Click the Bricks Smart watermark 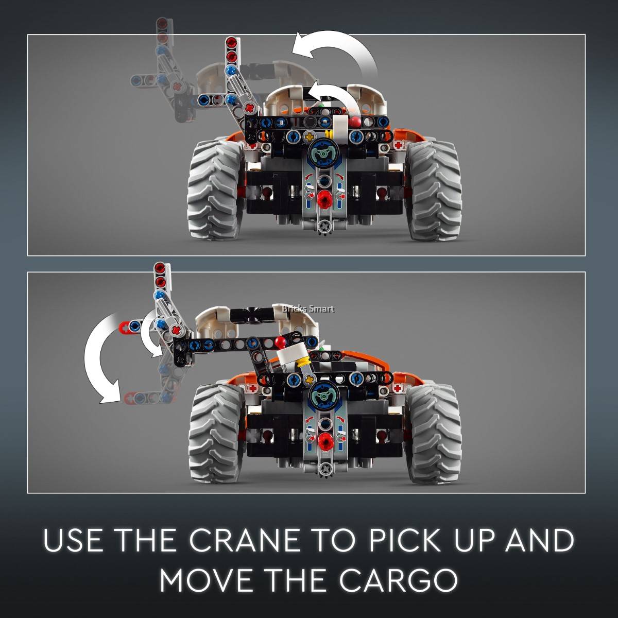pyautogui.click(x=308, y=309)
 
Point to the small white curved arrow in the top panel pyautogui.click(x=335, y=96)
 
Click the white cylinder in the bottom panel pyautogui.click(x=291, y=356)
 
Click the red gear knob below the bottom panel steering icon pyautogui.click(x=324, y=441)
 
